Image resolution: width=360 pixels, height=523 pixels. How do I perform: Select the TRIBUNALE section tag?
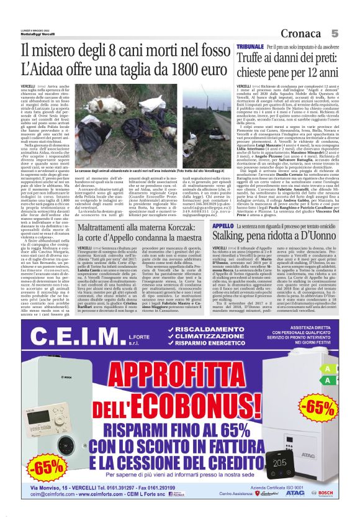pos(250,47)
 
